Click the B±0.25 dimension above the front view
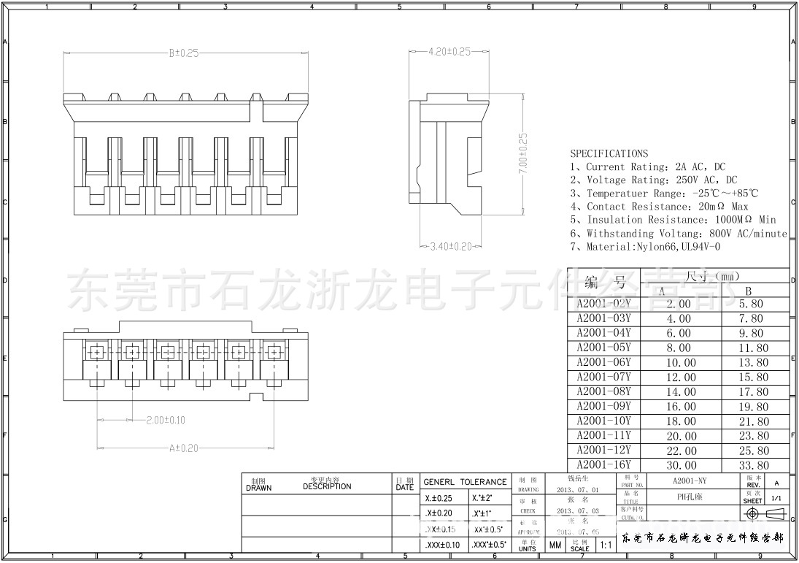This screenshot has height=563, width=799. (x=184, y=53)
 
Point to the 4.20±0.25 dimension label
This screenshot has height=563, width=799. (x=449, y=52)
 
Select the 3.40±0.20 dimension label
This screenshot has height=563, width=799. (x=451, y=247)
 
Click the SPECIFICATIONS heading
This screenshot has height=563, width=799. (x=609, y=153)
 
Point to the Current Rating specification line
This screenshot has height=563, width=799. (x=647, y=167)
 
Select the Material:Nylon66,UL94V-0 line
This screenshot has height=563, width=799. (x=645, y=247)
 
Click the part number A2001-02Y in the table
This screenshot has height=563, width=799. (x=603, y=304)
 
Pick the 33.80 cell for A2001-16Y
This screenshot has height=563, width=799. (x=753, y=465)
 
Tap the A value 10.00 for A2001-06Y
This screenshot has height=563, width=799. (x=679, y=363)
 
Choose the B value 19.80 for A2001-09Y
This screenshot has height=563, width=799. (x=753, y=407)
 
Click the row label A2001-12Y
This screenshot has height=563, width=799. (x=603, y=451)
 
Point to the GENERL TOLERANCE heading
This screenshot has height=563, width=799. (x=465, y=482)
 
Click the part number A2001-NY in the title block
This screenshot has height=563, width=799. (x=690, y=482)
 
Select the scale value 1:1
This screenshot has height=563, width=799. (x=606, y=545)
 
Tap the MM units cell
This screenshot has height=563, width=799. (x=555, y=545)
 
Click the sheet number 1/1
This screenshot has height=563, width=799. (x=776, y=499)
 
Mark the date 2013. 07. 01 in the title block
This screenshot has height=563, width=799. (x=577, y=490)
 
